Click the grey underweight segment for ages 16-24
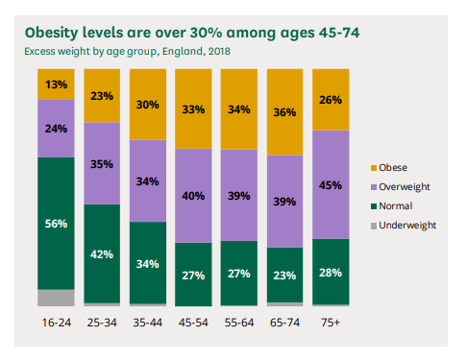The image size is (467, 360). tap(56, 298)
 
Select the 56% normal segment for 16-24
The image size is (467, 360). tap(56, 224)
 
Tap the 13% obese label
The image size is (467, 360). tap(56, 84)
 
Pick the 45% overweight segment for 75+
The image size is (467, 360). tap(331, 184)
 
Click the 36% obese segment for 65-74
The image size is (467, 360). tap(285, 112)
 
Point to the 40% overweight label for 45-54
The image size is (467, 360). tap(193, 196)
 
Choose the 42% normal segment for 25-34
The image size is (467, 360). tap(102, 253)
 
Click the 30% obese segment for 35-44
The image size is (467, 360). tap(148, 105)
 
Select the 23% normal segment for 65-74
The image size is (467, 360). tap(285, 275)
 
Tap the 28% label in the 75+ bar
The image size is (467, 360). tap(331, 273)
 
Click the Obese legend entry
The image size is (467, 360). tap(389, 168)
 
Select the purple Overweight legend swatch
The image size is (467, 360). tap(374, 187)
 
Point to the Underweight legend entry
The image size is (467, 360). tap(404, 226)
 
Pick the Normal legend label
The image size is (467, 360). tap(396, 205)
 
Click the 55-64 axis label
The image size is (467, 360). tap(239, 323)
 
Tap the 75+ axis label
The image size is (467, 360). tap(331, 323)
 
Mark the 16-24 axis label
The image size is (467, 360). tap(57, 323)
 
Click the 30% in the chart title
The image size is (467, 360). tap(206, 33)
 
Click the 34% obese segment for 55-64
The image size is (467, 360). tap(239, 109)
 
